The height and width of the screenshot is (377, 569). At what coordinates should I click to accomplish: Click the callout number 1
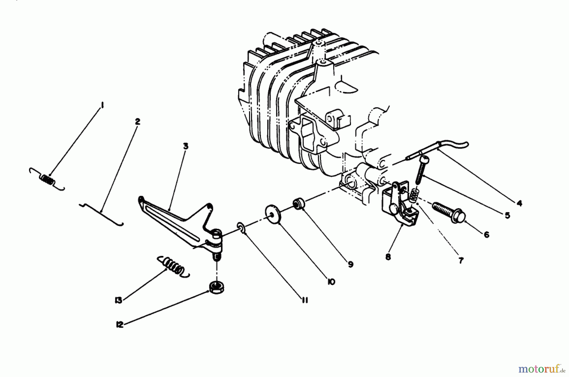[102, 105]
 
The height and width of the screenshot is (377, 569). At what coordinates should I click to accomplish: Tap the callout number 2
[137, 121]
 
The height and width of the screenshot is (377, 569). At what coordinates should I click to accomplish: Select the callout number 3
[185, 146]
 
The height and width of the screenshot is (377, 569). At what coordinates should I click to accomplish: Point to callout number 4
[519, 203]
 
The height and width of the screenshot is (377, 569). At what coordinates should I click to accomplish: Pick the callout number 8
[388, 257]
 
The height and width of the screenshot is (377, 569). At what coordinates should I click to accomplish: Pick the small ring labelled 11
[241, 228]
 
